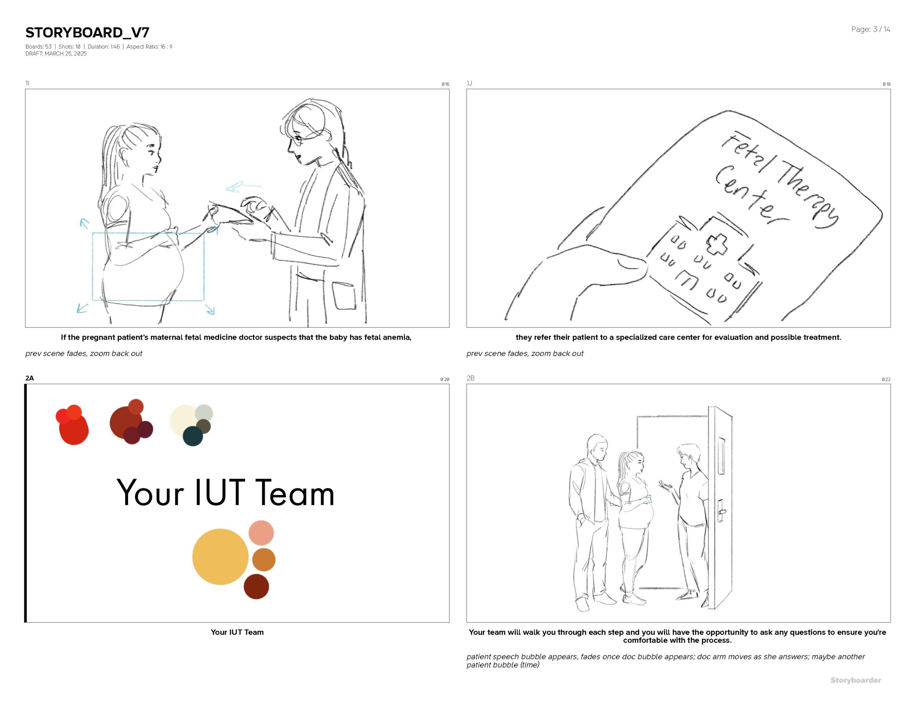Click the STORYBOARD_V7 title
tap(87, 32)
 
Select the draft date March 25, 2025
tap(65, 54)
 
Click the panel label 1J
tap(469, 83)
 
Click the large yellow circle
tap(220, 557)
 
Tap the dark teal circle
tap(193, 436)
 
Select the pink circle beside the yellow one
tap(261, 533)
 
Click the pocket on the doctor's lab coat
tap(344, 296)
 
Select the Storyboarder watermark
tap(856, 680)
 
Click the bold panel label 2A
tap(29, 378)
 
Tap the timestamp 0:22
tap(886, 379)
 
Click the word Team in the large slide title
tap(295, 493)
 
